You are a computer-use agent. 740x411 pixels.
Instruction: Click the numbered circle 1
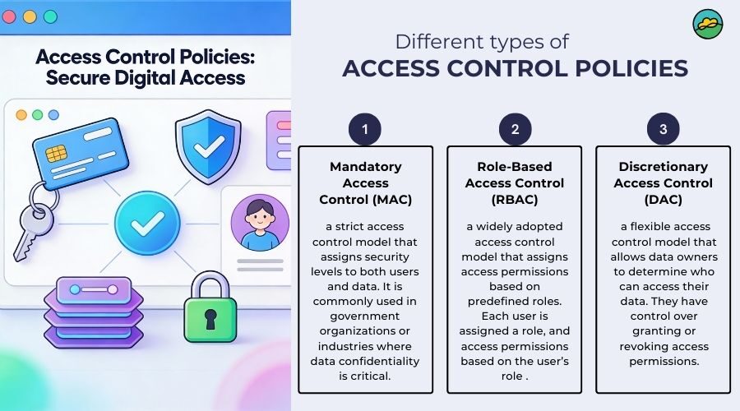[365, 129]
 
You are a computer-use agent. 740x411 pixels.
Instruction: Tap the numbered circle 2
[515, 129]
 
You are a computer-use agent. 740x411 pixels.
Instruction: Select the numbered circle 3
[663, 129]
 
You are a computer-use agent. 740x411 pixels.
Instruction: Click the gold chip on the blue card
[56, 154]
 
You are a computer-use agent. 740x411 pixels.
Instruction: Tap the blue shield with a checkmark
[208, 146]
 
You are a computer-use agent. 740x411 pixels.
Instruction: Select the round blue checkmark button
[147, 224]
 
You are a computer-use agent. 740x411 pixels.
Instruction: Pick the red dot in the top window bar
[9, 17]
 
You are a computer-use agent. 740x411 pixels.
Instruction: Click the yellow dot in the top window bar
[30, 17]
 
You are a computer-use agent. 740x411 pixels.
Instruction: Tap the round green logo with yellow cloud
[708, 24]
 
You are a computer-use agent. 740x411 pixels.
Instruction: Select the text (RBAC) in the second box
[515, 200]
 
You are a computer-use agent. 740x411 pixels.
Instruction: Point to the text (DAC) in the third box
[663, 200]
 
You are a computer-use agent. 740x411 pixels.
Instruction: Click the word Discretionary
[663, 167]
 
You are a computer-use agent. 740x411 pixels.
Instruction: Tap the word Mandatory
[366, 167]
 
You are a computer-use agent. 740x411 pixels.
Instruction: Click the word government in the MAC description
[365, 316]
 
